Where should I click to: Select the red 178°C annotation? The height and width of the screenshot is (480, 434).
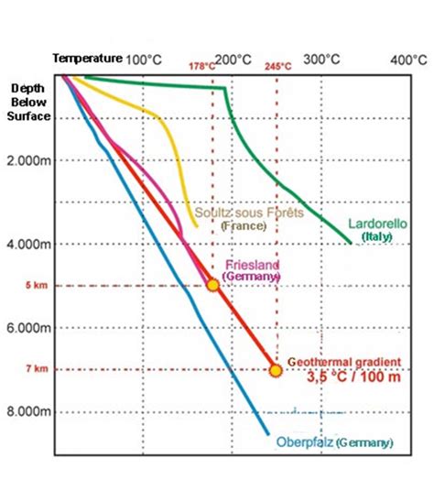pos(202,67)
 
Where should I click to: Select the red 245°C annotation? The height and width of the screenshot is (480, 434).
pos(278,67)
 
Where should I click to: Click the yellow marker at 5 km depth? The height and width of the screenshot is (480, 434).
pos(212,285)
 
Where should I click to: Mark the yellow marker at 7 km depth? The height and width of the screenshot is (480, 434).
pos(275,369)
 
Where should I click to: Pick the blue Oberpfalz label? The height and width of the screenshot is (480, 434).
pos(334,442)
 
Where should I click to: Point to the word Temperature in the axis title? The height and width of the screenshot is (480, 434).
pos(86,58)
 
